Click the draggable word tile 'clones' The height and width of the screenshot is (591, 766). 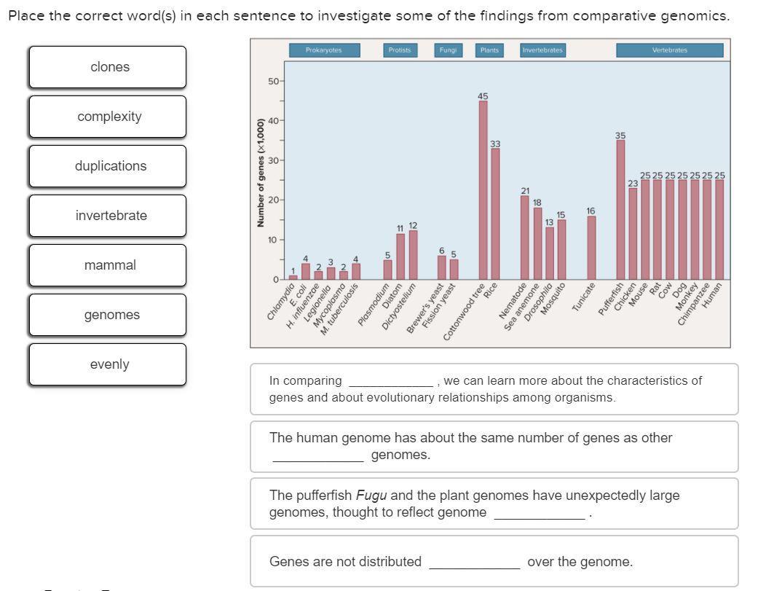pos(108,67)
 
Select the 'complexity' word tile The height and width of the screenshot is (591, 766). pos(108,117)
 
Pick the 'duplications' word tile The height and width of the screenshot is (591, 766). pos(108,166)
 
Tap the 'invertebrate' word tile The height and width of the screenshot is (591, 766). pos(108,216)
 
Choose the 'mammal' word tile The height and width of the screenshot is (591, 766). pos(108,265)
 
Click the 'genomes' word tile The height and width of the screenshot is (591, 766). pos(108,315)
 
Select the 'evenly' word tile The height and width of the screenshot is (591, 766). pos(108,364)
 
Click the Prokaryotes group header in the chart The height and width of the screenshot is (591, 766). pos(323,50)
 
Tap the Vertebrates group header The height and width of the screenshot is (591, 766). pos(669,50)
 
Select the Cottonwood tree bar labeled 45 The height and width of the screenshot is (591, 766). pos(483,189)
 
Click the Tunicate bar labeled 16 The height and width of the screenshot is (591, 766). pos(591,248)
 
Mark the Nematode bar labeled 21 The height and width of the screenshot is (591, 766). pos(525,238)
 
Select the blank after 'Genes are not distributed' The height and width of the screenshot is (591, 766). pos(474,563)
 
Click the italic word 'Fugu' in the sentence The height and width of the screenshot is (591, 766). pos(371,496)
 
